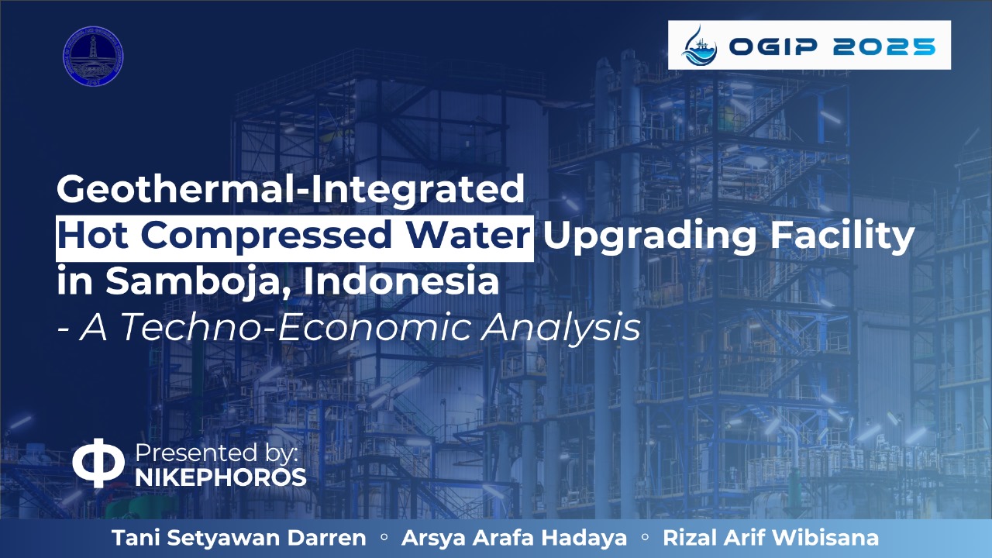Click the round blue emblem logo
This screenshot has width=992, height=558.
coord(93,56)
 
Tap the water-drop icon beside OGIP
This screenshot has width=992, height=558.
coord(699,45)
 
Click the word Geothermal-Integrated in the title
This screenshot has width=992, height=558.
coord(291,189)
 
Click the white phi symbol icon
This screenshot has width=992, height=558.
coord(98,463)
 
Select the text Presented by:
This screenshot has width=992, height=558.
coord(216,453)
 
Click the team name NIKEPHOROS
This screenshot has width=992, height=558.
coord(221,478)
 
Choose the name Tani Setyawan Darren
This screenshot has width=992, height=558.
coord(239,538)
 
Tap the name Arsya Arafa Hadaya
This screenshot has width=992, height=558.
coord(515,538)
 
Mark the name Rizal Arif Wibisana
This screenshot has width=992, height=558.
coord(770,538)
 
